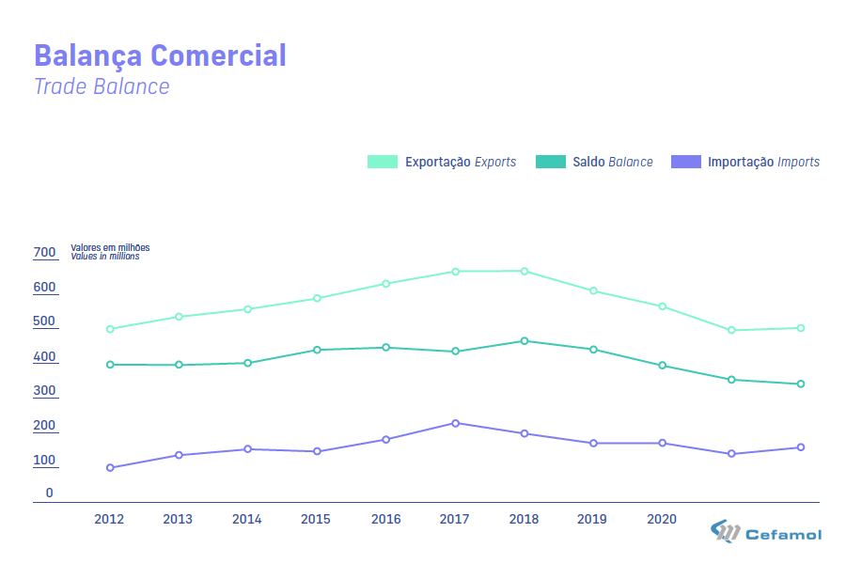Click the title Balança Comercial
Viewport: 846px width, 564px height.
(160, 55)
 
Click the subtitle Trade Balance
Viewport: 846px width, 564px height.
(102, 86)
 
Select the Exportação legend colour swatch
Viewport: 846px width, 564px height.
(383, 162)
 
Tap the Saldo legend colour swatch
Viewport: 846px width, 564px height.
(551, 162)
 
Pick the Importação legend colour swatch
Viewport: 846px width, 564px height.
(686, 162)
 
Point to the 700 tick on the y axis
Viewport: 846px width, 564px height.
(44, 253)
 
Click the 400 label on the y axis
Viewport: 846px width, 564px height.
(44, 357)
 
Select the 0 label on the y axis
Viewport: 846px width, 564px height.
(50, 493)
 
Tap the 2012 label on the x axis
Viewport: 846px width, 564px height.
(109, 519)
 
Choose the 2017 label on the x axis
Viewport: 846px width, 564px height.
(455, 519)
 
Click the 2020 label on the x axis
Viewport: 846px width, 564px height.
(662, 519)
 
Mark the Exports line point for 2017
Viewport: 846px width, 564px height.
(455, 272)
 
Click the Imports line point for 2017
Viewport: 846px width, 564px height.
(455, 423)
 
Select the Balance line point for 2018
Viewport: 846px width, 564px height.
(524, 341)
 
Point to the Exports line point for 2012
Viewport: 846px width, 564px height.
(110, 329)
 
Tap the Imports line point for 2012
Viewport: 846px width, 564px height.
(110, 468)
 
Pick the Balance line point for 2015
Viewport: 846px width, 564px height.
(317, 350)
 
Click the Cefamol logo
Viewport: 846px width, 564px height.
(766, 534)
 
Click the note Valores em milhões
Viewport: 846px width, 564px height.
(110, 248)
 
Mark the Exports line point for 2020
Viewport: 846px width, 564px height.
(662, 306)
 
